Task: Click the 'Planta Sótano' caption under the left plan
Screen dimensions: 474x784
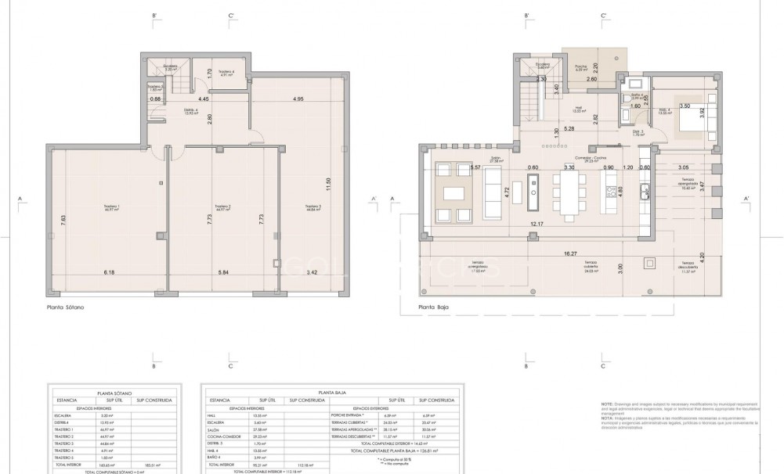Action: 65,308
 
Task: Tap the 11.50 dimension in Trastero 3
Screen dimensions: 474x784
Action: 328,185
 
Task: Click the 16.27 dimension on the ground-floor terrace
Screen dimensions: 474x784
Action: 569,253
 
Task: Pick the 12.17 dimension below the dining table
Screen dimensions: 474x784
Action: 536,224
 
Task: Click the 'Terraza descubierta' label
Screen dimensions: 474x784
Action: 688,264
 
